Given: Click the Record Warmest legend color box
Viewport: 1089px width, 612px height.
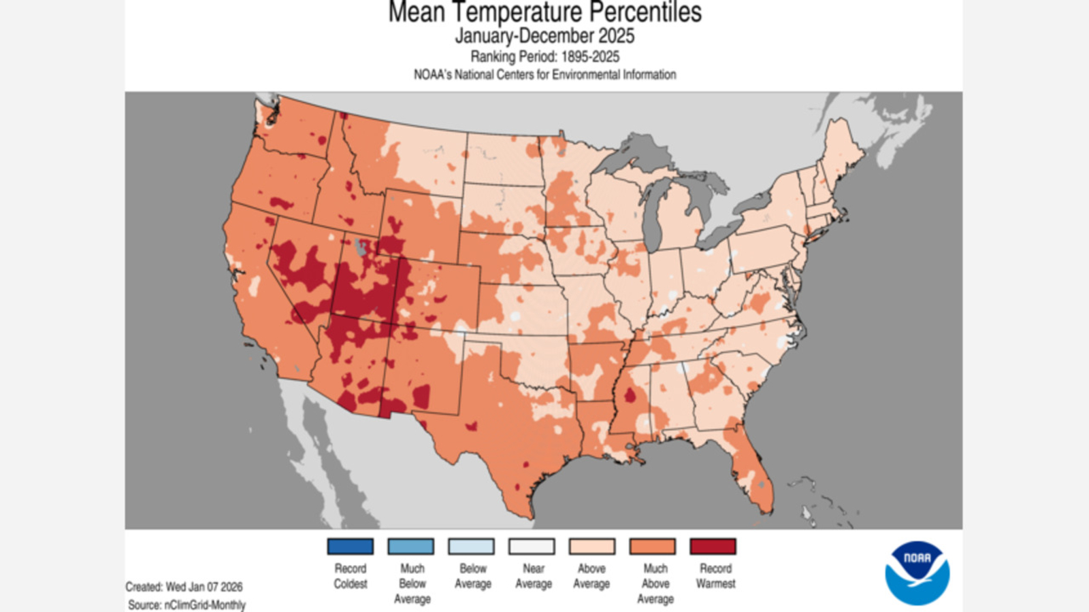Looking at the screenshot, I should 713,546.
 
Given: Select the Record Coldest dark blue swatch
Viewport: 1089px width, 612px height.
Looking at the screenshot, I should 350,546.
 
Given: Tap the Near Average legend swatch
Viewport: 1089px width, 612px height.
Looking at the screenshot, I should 532,546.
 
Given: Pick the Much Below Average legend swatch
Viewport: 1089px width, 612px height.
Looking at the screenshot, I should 410,546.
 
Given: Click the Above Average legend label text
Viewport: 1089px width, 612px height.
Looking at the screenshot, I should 591,576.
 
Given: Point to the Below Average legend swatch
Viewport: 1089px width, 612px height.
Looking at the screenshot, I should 471,546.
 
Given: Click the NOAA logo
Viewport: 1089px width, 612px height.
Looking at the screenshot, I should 917,573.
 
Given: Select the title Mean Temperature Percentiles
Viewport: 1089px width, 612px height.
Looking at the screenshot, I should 544,12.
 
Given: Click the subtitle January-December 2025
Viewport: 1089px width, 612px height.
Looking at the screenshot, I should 544,36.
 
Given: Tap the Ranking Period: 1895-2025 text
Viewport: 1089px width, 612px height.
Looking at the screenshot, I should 544,56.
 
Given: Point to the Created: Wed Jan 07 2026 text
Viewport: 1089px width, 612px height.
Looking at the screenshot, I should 184,586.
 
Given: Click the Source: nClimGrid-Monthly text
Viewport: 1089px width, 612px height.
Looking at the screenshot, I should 186,605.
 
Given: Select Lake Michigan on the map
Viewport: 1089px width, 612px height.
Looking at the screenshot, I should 650,218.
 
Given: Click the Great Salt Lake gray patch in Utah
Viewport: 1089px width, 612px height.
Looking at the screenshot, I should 360,247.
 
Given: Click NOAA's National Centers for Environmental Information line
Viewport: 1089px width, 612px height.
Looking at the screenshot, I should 544,75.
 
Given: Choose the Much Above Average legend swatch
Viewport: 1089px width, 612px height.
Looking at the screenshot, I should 652,546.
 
